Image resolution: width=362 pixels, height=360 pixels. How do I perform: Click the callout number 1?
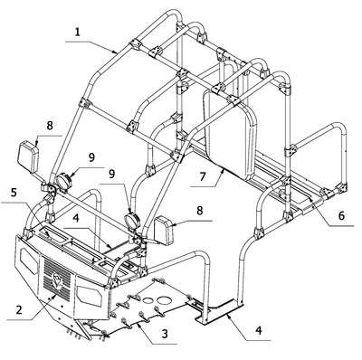[78, 32]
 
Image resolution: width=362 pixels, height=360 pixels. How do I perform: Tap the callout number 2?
[19, 309]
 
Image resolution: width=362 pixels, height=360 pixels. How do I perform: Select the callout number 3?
[165, 334]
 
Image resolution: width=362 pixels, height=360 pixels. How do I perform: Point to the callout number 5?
[14, 193]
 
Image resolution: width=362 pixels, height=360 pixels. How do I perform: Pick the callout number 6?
[341, 215]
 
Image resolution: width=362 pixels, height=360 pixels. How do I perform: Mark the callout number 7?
[202, 176]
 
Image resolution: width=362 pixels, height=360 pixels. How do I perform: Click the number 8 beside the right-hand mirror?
[200, 211]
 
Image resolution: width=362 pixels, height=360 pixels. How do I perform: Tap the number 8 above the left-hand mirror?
[50, 126]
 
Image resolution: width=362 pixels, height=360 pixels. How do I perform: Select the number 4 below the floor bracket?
[258, 330]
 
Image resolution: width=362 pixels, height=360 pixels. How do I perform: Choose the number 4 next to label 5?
[76, 218]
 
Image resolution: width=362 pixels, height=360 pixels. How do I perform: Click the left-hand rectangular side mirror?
[28, 156]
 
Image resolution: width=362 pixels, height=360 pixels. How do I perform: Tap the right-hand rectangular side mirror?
[164, 231]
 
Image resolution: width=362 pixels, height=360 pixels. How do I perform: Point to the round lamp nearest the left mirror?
[63, 181]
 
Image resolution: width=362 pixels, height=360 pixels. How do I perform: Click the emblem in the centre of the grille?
[57, 280]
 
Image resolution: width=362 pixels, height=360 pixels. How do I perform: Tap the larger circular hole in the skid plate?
[163, 299]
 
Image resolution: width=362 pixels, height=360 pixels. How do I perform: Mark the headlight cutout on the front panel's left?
[29, 261]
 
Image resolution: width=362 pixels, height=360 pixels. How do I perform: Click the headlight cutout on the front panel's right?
[89, 294]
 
